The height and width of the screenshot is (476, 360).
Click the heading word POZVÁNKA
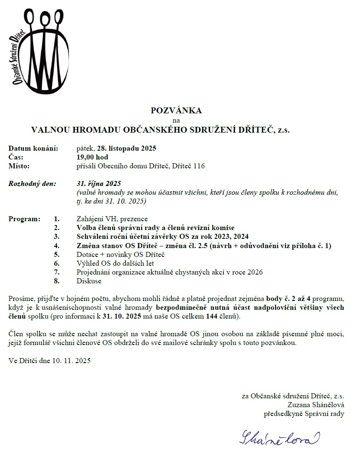click(176, 111)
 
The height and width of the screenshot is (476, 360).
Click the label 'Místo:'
click(19, 166)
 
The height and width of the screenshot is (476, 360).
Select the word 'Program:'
click(24, 219)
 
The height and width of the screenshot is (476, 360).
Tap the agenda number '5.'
click(57, 254)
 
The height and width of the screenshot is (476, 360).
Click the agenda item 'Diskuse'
click(89, 281)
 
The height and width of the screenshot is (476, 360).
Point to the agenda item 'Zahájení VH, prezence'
click(112, 219)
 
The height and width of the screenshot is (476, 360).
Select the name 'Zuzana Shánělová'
click(316, 405)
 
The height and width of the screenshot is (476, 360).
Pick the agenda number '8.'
click(57, 281)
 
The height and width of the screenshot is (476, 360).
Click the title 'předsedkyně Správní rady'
click(304, 413)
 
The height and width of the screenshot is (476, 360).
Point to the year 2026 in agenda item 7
click(255, 272)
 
